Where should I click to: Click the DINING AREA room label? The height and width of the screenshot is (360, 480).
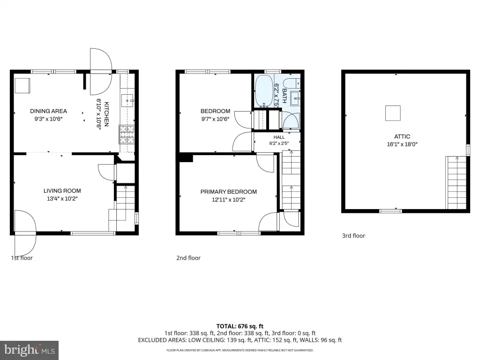click(48, 111)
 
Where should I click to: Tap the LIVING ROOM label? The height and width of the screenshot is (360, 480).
click(62, 191)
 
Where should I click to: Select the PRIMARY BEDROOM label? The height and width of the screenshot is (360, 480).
click(229, 192)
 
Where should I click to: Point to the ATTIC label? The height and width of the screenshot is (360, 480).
click(402, 136)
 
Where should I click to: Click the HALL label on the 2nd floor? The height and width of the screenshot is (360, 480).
click(279, 137)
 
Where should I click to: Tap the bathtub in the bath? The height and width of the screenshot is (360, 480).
click(264, 91)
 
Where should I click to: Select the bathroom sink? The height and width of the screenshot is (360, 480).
click(295, 98)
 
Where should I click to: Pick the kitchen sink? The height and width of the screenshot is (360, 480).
click(127, 100)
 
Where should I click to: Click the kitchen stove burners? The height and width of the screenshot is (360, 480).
click(127, 135)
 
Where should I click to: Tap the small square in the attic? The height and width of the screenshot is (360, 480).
click(393, 113)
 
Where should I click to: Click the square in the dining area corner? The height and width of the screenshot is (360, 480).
click(22, 86)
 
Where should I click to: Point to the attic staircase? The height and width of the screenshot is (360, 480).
click(456, 182)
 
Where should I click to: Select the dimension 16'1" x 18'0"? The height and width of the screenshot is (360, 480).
click(402, 144)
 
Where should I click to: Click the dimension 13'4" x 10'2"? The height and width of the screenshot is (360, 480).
click(62, 199)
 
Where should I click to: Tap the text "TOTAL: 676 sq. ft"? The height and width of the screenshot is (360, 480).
click(240, 326)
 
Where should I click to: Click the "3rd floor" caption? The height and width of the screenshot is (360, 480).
click(353, 236)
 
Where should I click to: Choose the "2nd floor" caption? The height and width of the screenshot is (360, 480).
click(188, 258)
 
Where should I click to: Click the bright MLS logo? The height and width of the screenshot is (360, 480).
click(30, 350)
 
